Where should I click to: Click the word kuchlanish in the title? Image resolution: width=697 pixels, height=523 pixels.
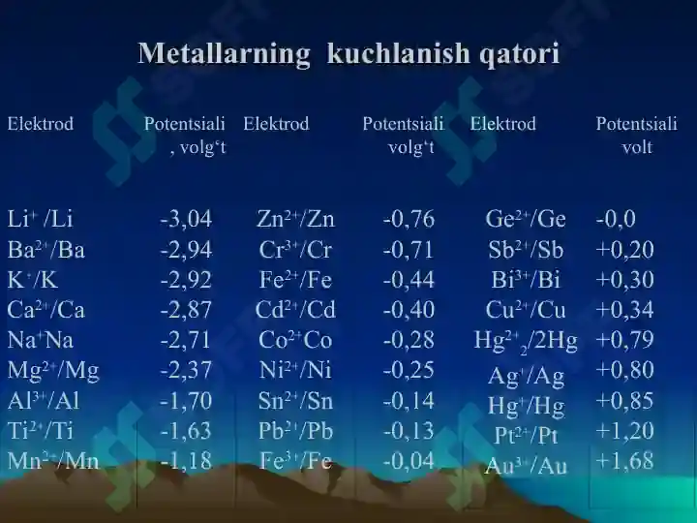click(398, 53)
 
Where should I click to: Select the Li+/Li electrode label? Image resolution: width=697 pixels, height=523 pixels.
click(40, 219)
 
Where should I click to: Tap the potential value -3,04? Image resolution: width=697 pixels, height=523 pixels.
click(186, 219)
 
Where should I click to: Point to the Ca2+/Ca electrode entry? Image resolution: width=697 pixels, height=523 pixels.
click(45, 310)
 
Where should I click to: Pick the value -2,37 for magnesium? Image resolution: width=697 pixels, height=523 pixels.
click(186, 370)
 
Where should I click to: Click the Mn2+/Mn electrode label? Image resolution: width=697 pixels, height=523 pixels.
click(53, 460)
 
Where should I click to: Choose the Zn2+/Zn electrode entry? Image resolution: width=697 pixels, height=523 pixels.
click(295, 219)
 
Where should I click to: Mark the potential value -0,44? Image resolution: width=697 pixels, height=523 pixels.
click(409, 280)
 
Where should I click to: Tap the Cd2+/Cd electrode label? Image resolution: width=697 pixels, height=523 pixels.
click(295, 310)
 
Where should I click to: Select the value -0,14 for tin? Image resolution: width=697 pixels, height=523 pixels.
click(409, 400)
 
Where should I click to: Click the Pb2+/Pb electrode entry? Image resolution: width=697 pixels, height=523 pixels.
click(295, 430)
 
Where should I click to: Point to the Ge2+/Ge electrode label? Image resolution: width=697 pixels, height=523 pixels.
click(526, 219)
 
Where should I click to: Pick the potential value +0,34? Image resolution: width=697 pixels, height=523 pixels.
click(624, 310)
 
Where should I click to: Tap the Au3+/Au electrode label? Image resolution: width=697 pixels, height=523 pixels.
click(527, 465)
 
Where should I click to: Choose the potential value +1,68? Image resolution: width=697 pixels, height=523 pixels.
click(624, 460)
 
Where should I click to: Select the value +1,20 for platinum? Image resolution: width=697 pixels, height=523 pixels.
click(624, 430)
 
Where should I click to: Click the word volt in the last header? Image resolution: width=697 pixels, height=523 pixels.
click(637, 147)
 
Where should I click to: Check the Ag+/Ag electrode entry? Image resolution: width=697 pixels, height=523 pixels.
click(526, 376)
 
